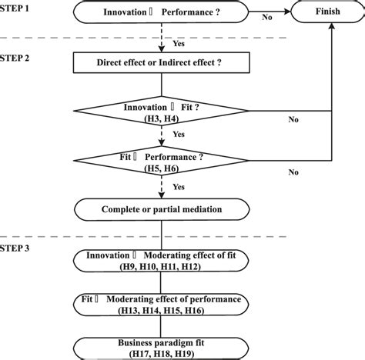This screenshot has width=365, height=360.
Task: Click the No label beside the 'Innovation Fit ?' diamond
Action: pos(294,119)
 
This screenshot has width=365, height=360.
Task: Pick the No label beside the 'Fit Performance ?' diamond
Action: pos(294,172)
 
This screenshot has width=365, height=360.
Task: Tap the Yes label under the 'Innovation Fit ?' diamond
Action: pos(179,135)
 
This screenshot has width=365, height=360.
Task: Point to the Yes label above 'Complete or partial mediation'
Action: pos(179,187)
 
